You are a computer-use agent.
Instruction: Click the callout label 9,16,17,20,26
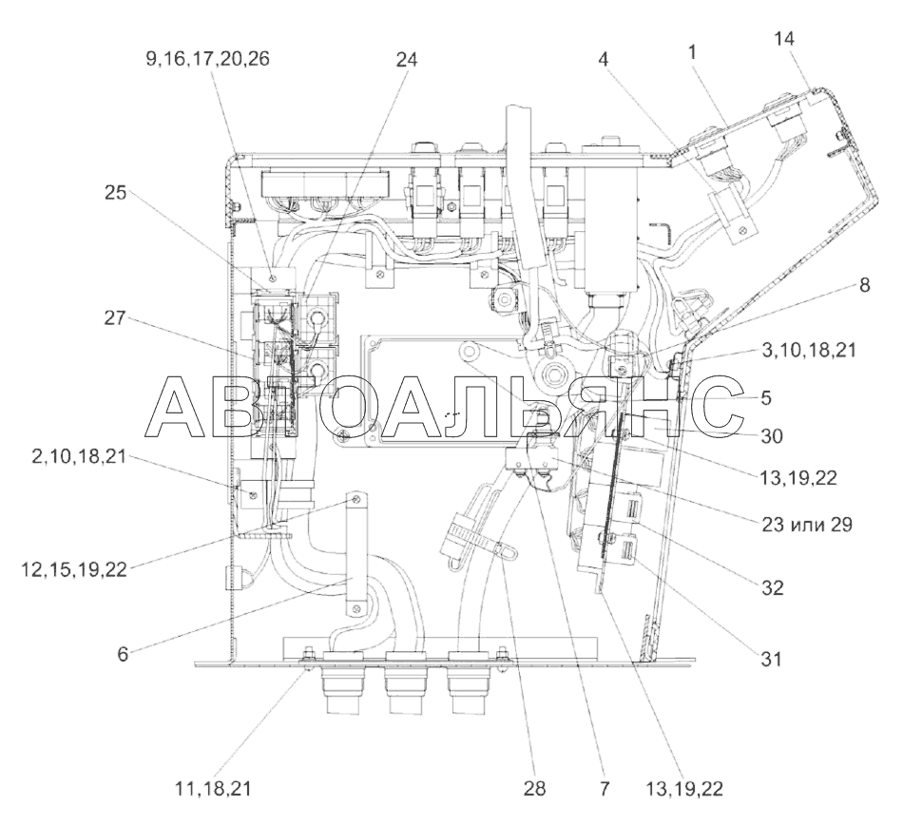tap(207, 59)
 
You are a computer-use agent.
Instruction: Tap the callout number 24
tap(406, 59)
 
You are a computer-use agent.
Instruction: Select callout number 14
tap(784, 39)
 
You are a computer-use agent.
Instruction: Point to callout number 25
tap(115, 192)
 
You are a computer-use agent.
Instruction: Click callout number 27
tap(115, 317)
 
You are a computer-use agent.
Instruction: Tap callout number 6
tap(123, 655)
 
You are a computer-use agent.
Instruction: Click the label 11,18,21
tap(213, 788)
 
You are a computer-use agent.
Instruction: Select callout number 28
tap(534, 788)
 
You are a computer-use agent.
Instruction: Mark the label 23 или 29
tap(807, 524)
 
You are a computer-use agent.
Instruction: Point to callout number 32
tap(772, 587)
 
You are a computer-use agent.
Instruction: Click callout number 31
tap(771, 658)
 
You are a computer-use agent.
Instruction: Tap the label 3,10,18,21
tap(809, 350)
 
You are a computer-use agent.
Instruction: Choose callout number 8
tap(864, 284)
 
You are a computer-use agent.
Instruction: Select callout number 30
tap(772, 436)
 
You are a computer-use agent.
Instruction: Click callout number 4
tap(603, 59)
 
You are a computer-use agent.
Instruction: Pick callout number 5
tap(766, 397)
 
